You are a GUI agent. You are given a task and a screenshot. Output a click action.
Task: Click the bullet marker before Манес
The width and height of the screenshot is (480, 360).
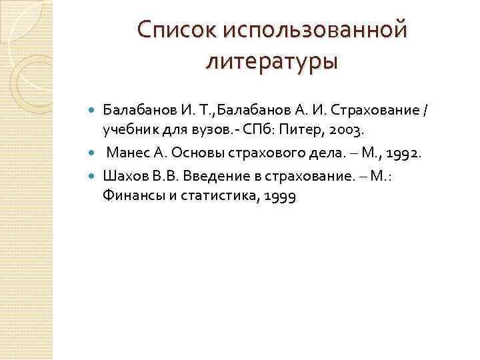(93, 154)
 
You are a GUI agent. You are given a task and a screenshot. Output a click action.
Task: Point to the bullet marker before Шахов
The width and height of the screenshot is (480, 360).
(93, 177)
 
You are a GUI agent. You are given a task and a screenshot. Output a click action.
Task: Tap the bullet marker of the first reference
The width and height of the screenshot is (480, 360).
(93, 108)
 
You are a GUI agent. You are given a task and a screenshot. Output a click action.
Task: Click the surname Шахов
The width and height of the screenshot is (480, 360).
(123, 177)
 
